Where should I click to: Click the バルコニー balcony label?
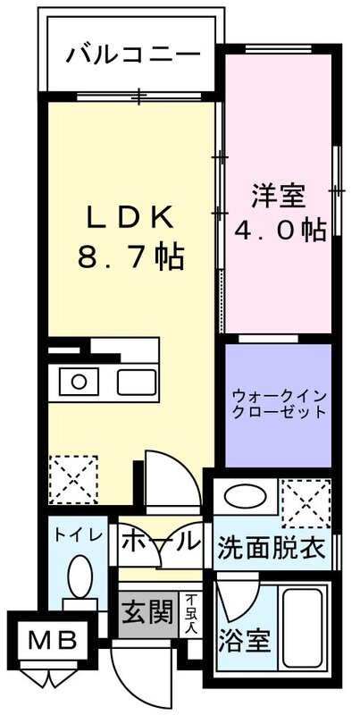click(132, 55)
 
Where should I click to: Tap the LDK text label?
click(132, 216)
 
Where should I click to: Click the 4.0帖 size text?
click(279, 231)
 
